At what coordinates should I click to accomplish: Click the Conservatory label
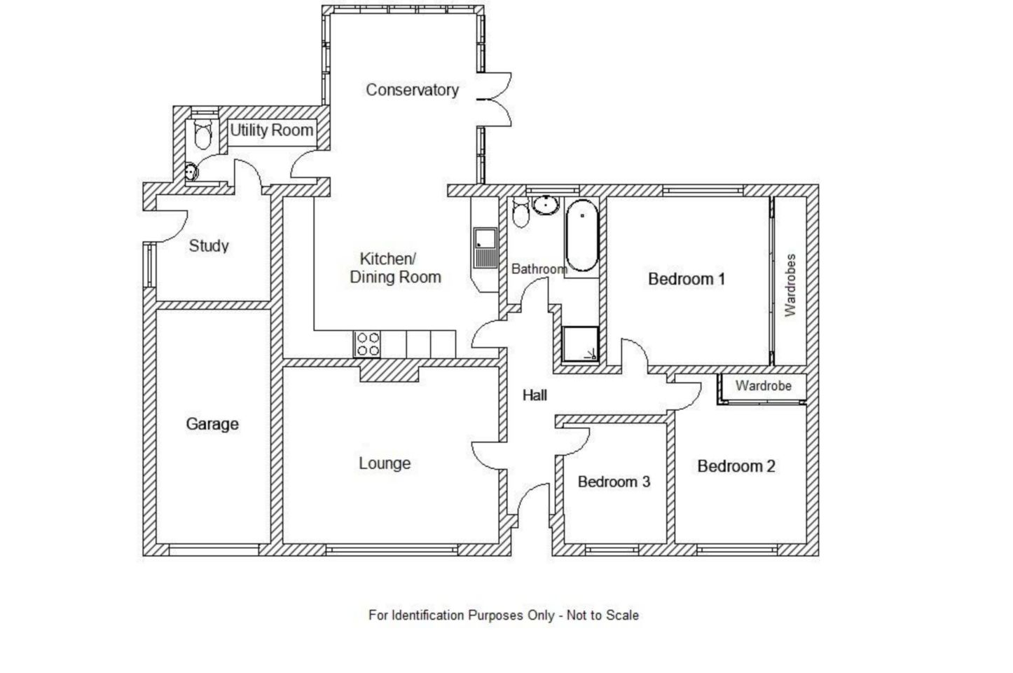pyautogui.click(x=412, y=90)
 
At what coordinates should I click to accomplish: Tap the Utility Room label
pyautogui.click(x=271, y=130)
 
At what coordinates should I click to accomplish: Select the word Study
pyautogui.click(x=209, y=246)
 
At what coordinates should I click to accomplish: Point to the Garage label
pyautogui.click(x=212, y=424)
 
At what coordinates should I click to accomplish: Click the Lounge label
pyautogui.click(x=385, y=463)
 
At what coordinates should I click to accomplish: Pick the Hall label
pyautogui.click(x=535, y=395)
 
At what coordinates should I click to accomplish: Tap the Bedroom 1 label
pyautogui.click(x=686, y=279)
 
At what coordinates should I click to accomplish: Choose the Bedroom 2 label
pyautogui.click(x=736, y=466)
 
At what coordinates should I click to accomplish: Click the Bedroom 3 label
pyautogui.click(x=614, y=482)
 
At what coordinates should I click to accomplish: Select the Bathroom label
pyautogui.click(x=539, y=269)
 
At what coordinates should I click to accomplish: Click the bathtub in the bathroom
pyautogui.click(x=581, y=236)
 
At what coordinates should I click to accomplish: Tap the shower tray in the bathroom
pyautogui.click(x=580, y=344)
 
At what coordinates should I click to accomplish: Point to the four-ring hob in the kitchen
pyautogui.click(x=368, y=344)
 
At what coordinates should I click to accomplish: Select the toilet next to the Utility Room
pyautogui.click(x=202, y=135)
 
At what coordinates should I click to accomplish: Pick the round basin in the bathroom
pyautogui.click(x=544, y=205)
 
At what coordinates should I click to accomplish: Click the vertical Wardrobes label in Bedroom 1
pyautogui.click(x=790, y=285)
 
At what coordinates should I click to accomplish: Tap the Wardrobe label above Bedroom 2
pyautogui.click(x=763, y=386)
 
